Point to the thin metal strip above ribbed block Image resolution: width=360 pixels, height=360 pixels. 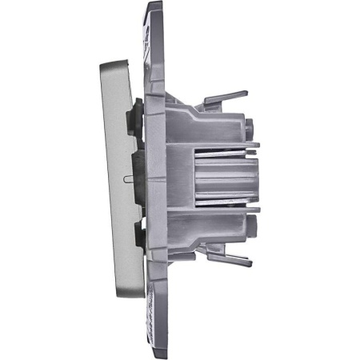(x=224, y=150)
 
